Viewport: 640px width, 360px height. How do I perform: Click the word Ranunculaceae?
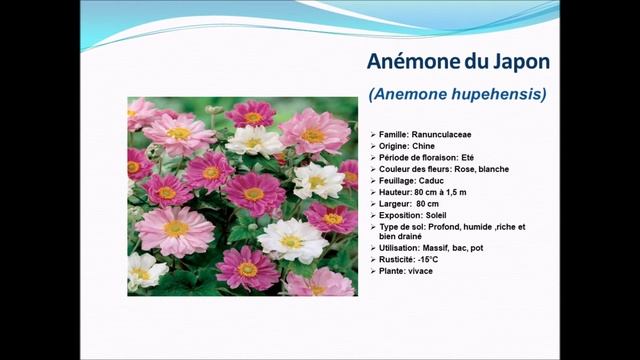pos(440,134)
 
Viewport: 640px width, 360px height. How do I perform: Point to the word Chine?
pos(423,146)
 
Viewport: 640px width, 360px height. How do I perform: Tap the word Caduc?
pos(432,180)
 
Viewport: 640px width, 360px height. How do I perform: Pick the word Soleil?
pos(439,215)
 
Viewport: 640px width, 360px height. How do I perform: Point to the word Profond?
pos(445,226)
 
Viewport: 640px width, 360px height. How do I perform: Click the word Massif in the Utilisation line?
pos(436,248)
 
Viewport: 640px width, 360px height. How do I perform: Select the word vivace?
pos(420,271)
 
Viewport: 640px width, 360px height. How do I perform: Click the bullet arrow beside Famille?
pos(373,134)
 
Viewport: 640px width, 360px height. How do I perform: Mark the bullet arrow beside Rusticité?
pos(373,260)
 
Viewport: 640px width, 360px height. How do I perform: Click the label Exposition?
pos(401,215)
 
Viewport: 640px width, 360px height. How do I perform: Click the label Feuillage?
pos(398,180)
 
